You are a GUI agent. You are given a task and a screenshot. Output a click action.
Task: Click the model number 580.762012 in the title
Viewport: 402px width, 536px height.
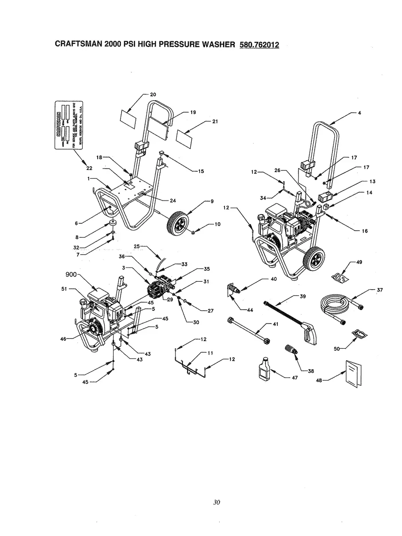259,44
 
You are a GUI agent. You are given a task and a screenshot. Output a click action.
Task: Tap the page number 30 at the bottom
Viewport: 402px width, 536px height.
216,503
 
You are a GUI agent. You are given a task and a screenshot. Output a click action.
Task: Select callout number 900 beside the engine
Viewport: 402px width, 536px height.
72,275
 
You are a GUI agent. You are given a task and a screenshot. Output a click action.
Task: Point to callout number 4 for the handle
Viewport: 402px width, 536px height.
359,113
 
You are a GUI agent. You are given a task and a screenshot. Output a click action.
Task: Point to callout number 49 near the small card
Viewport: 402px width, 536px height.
358,262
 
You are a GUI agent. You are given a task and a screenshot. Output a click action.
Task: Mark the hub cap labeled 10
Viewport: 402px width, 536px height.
196,231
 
